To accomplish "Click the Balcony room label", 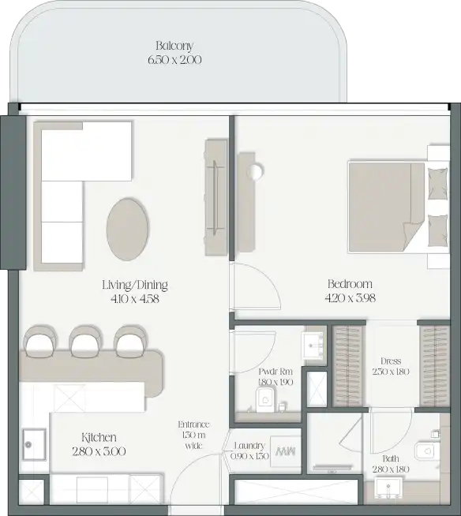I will pyautogui.click(x=174, y=46).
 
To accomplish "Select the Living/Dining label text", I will pyautogui.click(x=135, y=285).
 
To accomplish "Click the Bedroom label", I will pyautogui.click(x=350, y=284).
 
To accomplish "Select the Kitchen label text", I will pyautogui.click(x=99, y=437).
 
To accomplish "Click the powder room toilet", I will pyautogui.click(x=266, y=398).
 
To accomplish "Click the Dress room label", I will pyautogui.click(x=390, y=361).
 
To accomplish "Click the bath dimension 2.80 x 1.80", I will pyautogui.click(x=391, y=469).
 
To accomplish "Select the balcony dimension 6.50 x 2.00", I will pyautogui.click(x=174, y=59).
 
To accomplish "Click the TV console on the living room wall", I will pyautogui.click(x=216, y=197).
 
